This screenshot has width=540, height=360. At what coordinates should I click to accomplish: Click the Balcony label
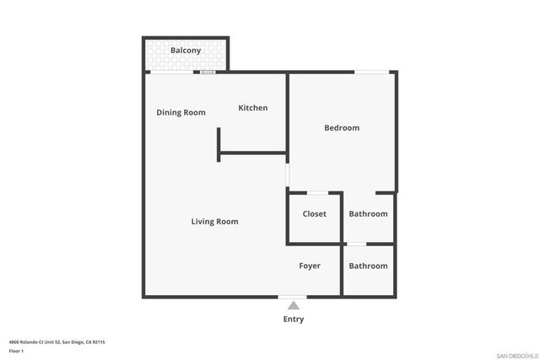[185, 51]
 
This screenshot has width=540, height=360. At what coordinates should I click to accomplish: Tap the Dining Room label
[181, 112]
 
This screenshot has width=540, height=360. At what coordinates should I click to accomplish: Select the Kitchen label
[253, 108]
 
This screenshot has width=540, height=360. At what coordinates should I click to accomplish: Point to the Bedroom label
[342, 128]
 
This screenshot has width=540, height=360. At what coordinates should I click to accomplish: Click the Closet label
[314, 214]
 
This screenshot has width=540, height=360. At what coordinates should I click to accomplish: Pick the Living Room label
[214, 222]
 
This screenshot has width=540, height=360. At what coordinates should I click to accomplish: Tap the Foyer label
[310, 266]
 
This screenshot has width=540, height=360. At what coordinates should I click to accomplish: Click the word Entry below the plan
[293, 320]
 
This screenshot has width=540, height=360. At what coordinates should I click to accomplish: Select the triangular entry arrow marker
[293, 305]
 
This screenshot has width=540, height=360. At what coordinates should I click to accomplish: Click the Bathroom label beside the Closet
[368, 214]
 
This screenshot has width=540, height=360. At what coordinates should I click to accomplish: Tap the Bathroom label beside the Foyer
[368, 266]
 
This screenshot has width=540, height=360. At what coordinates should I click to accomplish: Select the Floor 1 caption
[16, 350]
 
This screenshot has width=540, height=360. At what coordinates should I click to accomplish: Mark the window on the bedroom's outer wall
[365, 72]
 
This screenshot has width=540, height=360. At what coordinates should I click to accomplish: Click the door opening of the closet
[317, 193]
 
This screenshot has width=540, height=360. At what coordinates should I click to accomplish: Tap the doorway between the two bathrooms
[356, 244]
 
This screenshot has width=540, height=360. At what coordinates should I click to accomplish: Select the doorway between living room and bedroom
[288, 175]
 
